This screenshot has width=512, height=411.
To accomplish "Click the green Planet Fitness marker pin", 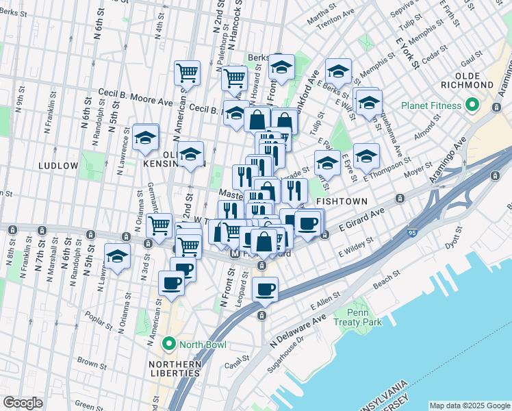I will click(x=472, y=106).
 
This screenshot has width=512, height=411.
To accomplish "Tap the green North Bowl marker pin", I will click(x=169, y=344).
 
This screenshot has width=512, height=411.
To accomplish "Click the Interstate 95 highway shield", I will click(x=411, y=234).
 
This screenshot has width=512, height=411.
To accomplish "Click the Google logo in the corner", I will click(x=23, y=403).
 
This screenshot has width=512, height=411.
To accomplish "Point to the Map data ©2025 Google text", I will click(x=469, y=406).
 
